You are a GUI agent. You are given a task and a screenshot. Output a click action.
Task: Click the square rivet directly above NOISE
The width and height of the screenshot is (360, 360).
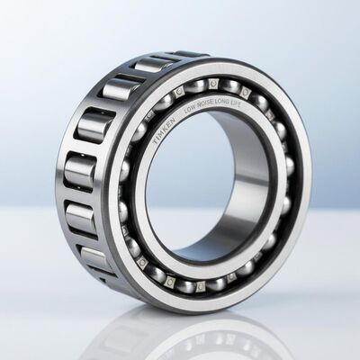point(213,84)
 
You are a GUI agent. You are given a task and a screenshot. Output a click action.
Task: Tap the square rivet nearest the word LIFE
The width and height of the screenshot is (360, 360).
point(245,93)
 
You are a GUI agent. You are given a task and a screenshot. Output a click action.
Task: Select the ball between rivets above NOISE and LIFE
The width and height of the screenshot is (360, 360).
point(229,86)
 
